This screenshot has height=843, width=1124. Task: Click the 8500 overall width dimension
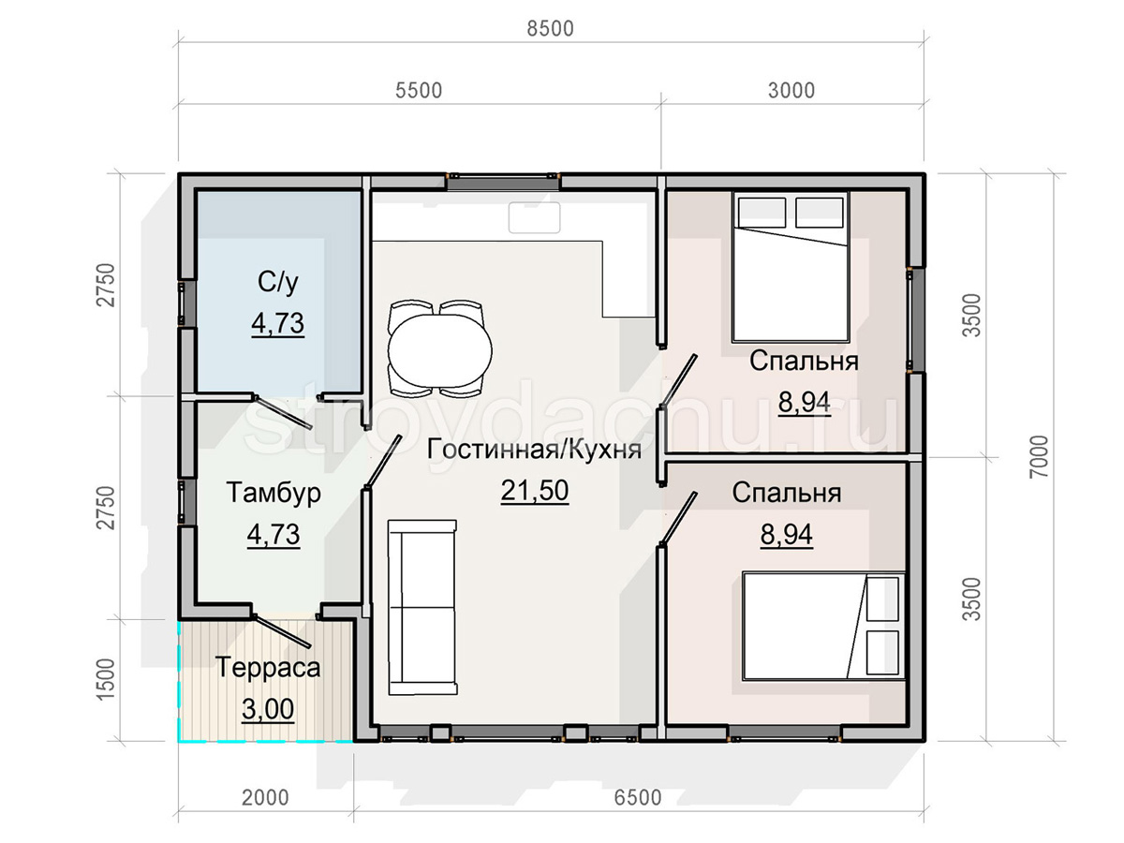pyautogui.click(x=550, y=29)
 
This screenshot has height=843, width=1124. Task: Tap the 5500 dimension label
pyautogui.click(x=419, y=91)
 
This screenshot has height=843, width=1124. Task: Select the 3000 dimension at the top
pyautogui.click(x=791, y=91)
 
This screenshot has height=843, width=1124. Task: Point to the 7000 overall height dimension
pyautogui.click(x=1040, y=456)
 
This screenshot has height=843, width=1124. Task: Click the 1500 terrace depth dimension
pyautogui.click(x=105, y=680)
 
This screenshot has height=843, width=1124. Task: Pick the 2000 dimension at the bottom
pyautogui.click(x=265, y=797)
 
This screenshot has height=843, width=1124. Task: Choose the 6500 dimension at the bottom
pyautogui.click(x=638, y=797)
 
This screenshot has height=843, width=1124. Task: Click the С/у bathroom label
pyautogui.click(x=277, y=282)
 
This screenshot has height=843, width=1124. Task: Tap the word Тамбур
pyautogui.click(x=274, y=493)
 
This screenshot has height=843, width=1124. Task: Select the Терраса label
pyautogui.click(x=268, y=668)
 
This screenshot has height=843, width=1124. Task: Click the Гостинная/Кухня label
pyautogui.click(x=534, y=450)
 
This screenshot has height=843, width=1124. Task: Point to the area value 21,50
pyautogui.click(x=535, y=490)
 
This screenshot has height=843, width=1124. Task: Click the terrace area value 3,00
pyautogui.click(x=268, y=709)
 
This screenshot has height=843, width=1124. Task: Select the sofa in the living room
pyautogui.click(x=421, y=607)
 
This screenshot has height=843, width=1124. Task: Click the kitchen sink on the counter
pyautogui.click(x=534, y=218)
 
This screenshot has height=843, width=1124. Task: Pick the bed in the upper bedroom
pyautogui.click(x=791, y=267)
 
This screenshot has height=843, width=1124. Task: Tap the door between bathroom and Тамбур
pyautogui.click(x=283, y=412)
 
